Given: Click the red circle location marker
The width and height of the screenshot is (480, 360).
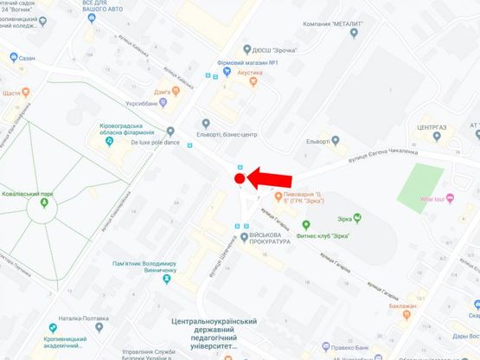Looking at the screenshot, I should coord(239,178).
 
